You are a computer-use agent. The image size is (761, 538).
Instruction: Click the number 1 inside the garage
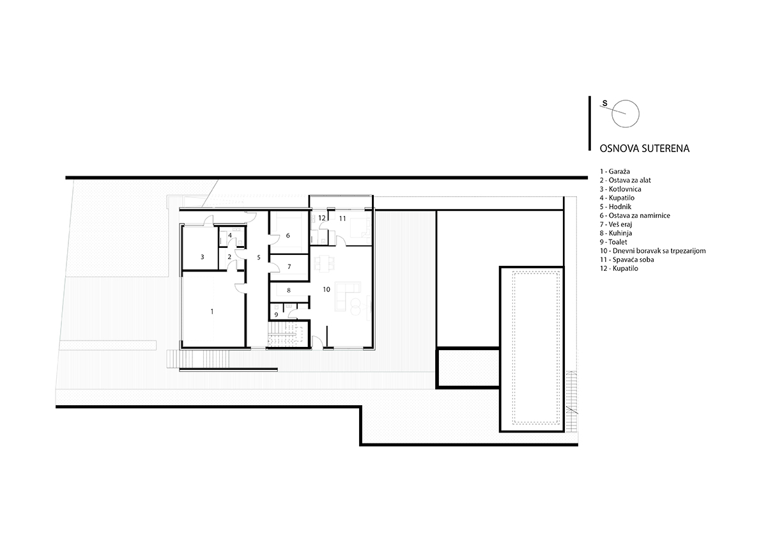[212, 311]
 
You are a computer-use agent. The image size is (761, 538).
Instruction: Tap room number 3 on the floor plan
[203, 257]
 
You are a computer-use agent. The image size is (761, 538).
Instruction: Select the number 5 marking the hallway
[259, 257]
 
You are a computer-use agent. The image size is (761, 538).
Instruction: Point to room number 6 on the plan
[288, 236]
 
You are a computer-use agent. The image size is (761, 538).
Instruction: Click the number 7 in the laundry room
[289, 267]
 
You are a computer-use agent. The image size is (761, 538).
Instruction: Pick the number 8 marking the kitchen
[289, 291]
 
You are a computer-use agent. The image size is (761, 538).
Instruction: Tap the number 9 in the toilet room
[276, 315]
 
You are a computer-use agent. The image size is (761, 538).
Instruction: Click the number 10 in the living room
[326, 289]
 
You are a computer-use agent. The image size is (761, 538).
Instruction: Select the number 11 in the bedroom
[342, 219]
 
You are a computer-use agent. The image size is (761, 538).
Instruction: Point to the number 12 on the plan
[322, 219]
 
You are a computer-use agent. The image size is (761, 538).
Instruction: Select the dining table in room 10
[325, 263]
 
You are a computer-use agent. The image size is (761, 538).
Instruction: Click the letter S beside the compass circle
[604, 104]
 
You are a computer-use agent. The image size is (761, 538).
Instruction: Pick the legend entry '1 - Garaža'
[615, 171]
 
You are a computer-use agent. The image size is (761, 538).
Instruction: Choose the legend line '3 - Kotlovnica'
[620, 189]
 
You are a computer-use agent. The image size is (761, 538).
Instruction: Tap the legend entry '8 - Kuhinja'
[616, 233]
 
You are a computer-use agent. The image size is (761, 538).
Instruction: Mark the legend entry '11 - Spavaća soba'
[627, 259]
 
